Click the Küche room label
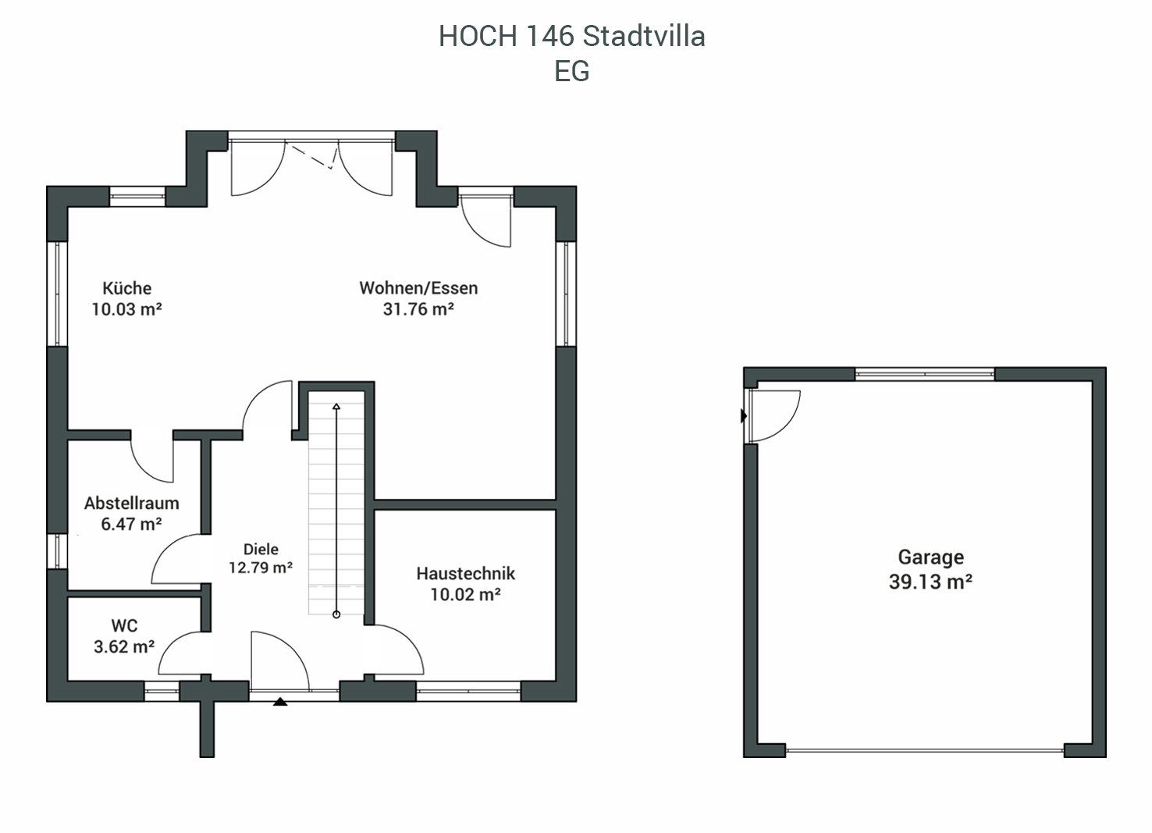pyautogui.click(x=127, y=287)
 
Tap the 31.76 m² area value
pyautogui.click(x=418, y=309)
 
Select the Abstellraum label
pyautogui.click(x=132, y=503)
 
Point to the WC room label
pyautogui.click(x=124, y=625)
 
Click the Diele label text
pyautogui.click(x=261, y=549)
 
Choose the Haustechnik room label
pyautogui.click(x=465, y=573)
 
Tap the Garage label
pyautogui.click(x=931, y=557)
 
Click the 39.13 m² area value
pyautogui.click(x=930, y=582)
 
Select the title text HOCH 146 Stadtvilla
pyautogui.click(x=571, y=36)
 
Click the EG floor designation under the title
pyautogui.click(x=572, y=71)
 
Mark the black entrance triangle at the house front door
pyautogui.click(x=279, y=701)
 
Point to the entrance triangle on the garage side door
pyautogui.click(x=744, y=415)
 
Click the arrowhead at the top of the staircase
pyautogui.click(x=336, y=407)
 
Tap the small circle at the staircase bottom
pyautogui.click(x=336, y=614)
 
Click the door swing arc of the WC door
pyautogui.click(x=174, y=643)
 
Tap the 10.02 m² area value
pyautogui.click(x=465, y=595)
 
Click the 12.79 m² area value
pyautogui.click(x=261, y=568)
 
